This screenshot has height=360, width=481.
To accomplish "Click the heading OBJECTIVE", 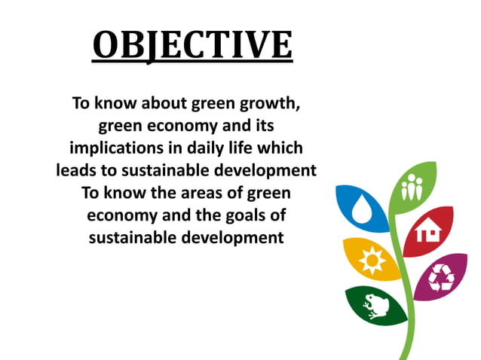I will tap(192, 44).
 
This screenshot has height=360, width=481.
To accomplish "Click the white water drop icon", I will tap(360, 207).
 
